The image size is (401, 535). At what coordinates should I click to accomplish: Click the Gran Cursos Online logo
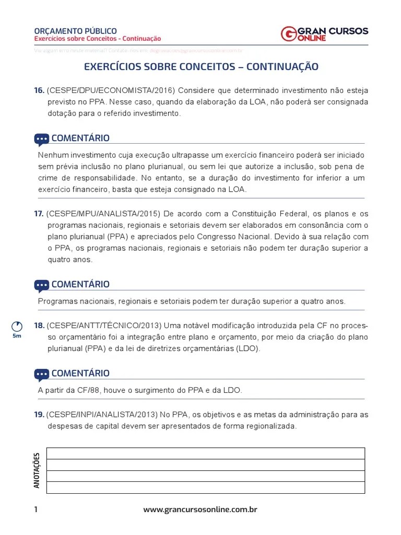pyautogui.click(x=324, y=34)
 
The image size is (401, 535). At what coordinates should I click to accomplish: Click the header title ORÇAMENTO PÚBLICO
pyautogui.click(x=75, y=31)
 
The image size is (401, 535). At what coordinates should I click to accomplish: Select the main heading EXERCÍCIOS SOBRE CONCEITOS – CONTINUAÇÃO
pyautogui.click(x=201, y=67)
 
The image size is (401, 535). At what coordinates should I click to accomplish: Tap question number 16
pyautogui.click(x=39, y=90)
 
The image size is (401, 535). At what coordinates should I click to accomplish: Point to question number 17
pyautogui.click(x=39, y=214)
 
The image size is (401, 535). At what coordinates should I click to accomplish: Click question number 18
pyautogui.click(x=39, y=326)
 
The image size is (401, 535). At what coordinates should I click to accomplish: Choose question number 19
pyautogui.click(x=39, y=415)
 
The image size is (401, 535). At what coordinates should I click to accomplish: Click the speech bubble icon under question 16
pyautogui.click(x=42, y=139)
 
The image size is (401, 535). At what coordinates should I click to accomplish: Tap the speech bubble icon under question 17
pyautogui.click(x=42, y=285)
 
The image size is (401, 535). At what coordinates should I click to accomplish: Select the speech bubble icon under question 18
pyautogui.click(x=42, y=374)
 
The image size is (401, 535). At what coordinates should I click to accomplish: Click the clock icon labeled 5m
pyautogui.click(x=17, y=326)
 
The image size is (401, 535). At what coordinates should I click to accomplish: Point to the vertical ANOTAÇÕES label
pyautogui.click(x=37, y=470)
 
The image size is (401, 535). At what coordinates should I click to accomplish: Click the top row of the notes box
pyautogui.click(x=205, y=453)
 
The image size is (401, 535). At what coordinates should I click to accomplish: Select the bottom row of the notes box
pyautogui.click(x=205, y=487)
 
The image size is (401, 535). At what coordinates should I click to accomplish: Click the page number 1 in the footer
pyautogui.click(x=36, y=510)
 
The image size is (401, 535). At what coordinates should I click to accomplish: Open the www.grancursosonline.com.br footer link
pyautogui.click(x=200, y=510)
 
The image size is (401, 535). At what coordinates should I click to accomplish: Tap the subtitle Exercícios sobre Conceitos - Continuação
pyautogui.click(x=98, y=39)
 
